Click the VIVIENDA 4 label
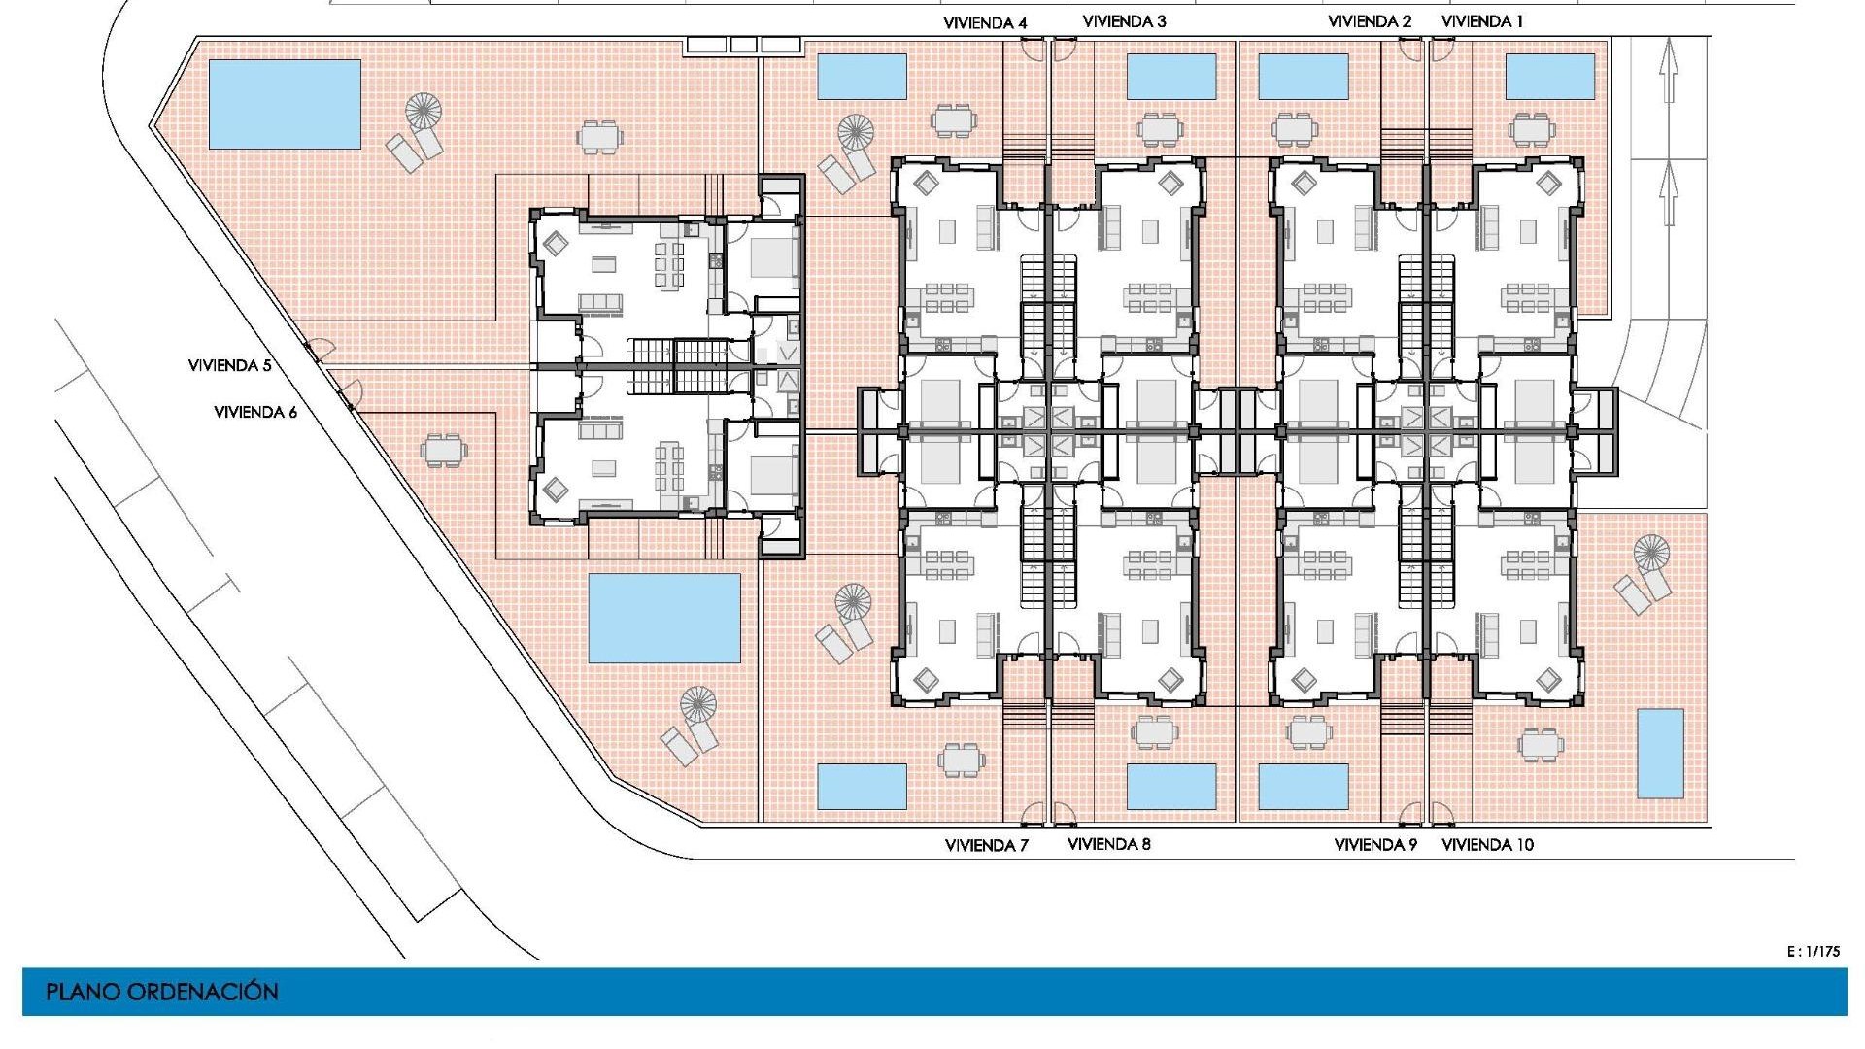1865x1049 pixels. coord(985,22)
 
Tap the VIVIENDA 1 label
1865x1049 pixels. coord(1482,21)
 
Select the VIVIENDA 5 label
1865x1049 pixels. coord(230,366)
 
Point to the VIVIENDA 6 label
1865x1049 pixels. coord(255,412)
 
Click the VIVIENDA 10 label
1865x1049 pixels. coord(1487,845)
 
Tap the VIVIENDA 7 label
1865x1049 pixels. coord(986,845)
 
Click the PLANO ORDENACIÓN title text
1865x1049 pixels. coord(162,992)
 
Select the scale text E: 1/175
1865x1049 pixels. coord(1813,952)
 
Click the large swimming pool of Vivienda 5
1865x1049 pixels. coord(285,104)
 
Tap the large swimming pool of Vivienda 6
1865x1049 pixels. coord(664,618)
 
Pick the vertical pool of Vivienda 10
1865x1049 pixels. coord(1660,754)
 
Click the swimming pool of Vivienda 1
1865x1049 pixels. coord(1549,77)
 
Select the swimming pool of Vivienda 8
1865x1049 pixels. coord(1170,787)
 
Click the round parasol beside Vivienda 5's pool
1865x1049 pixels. coord(424,111)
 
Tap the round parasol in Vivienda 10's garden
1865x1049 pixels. coord(1650,553)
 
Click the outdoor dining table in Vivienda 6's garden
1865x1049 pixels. coord(444,451)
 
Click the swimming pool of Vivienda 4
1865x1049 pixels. coord(862,77)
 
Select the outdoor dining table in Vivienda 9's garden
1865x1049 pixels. coord(1308,731)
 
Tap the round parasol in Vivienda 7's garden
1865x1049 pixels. coord(853,602)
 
